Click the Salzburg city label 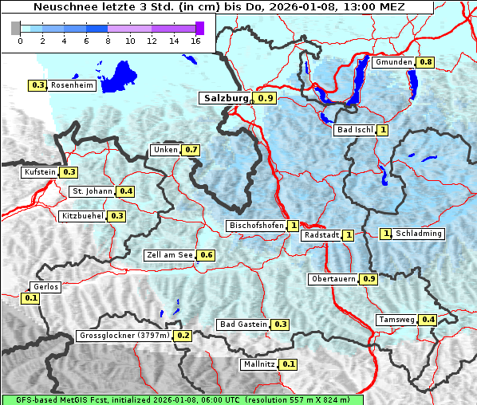226,98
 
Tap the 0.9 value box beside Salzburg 266,98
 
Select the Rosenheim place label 72,85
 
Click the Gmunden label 393,62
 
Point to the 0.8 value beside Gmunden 426,62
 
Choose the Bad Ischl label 355,130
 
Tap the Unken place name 165,150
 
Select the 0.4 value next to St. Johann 126,191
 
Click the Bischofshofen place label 256,226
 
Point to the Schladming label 419,234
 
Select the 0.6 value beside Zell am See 207,255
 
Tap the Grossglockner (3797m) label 125,336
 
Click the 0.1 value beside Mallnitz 289,364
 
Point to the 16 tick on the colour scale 195,40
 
